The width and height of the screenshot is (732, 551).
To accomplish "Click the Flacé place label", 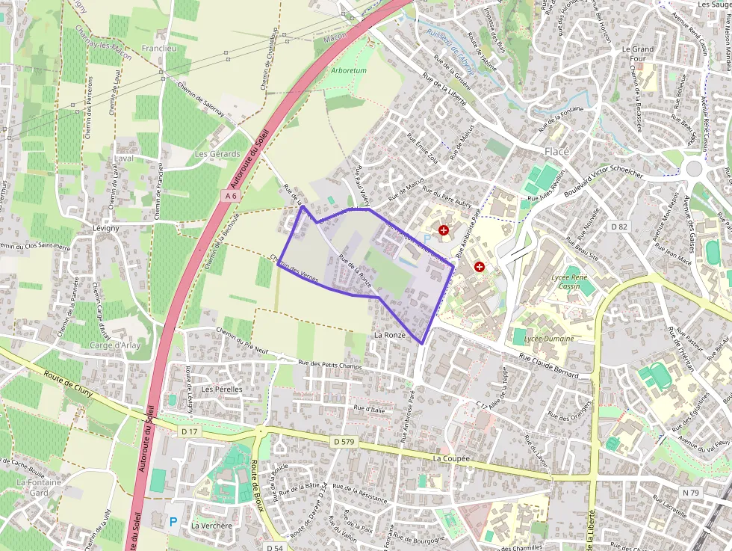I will pyautogui.click(x=556, y=151).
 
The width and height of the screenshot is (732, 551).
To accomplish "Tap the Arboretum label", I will pyautogui.click(x=348, y=70).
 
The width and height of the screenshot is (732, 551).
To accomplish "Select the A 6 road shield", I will pyautogui.click(x=231, y=196).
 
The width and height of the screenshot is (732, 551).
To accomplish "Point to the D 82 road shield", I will pyautogui.click(x=618, y=225).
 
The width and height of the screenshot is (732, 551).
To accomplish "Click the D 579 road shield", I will pyautogui.click(x=344, y=442).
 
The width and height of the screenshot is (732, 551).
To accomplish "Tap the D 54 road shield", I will pyautogui.click(x=274, y=547).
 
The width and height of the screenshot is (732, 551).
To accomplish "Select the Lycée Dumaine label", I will pyautogui.click(x=549, y=339).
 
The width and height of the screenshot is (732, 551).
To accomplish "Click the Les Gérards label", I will pyautogui.click(x=217, y=154).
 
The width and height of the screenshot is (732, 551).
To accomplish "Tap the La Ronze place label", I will pyautogui.click(x=390, y=335).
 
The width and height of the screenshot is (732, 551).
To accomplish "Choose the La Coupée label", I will pyautogui.click(x=451, y=458).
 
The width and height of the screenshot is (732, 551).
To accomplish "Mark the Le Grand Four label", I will pyautogui.click(x=637, y=54).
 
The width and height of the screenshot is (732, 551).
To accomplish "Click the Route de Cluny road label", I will pyautogui.click(x=72, y=386).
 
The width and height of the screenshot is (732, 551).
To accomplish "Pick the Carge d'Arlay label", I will pyautogui.click(x=115, y=345).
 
